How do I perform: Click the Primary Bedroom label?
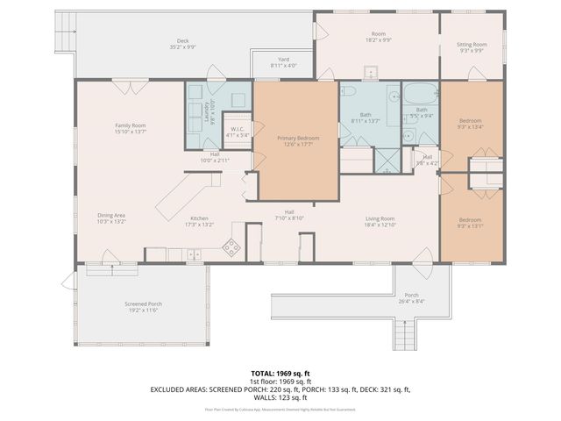pos(298,139)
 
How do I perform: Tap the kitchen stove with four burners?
pos(232,247)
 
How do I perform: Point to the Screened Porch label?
pos(143,303)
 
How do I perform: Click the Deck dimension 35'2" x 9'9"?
pos(182,47)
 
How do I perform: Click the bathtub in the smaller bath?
pos(420,91)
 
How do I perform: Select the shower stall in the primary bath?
pos(385,159)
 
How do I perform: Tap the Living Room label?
pos(380,218)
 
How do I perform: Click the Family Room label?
pos(130,125)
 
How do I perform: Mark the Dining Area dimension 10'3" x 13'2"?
pos(111,223)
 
